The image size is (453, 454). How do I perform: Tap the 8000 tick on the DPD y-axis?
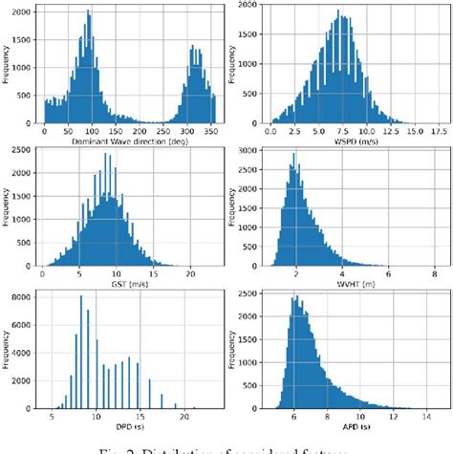click(x=29, y=297)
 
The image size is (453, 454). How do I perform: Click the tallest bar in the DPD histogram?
click(x=81, y=298)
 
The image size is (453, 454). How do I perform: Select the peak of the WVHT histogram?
click(x=293, y=155)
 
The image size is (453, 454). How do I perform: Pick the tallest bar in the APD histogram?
click(x=295, y=297)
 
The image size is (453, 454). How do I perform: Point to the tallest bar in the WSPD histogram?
click(x=337, y=12)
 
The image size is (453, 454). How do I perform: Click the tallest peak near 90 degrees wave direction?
click(x=88, y=13)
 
